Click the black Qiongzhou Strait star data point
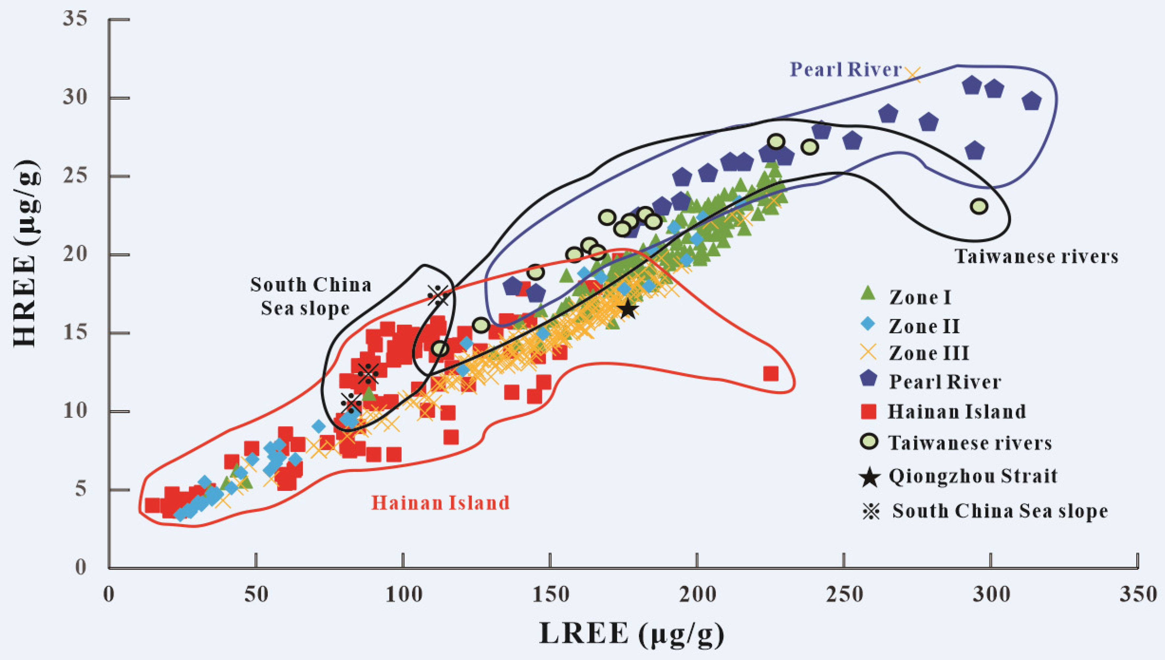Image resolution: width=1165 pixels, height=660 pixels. pos(628,310)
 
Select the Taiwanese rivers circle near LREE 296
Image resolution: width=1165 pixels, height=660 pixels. pos(980,206)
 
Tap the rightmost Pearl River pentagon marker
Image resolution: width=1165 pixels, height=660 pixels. pos(1032,101)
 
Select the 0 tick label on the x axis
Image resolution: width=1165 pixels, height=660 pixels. pos(109,594)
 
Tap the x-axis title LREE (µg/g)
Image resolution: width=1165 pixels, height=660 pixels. pos(631,633)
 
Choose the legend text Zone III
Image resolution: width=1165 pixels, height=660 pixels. pos(929,353)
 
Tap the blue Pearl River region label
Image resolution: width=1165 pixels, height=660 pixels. pos(846,70)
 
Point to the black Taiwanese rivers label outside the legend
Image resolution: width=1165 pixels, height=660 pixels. pos(1037,257)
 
